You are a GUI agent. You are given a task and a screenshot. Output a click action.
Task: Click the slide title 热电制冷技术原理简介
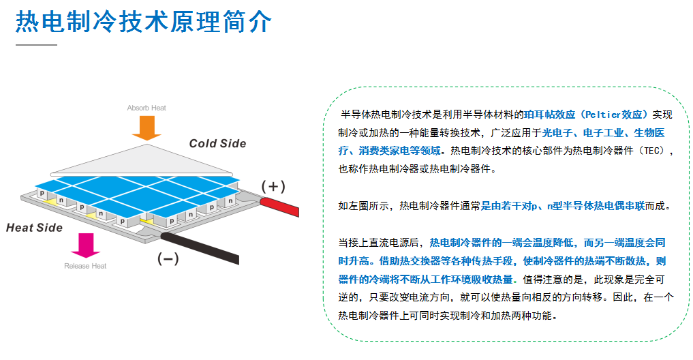pyautogui.click(x=143, y=22)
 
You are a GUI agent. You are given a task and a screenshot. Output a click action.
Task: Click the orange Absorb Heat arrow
pyautogui.click(x=147, y=127)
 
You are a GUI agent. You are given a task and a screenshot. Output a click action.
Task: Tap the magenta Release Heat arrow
pyautogui.click(x=86, y=245)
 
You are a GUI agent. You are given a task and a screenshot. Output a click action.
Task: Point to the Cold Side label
pyautogui.click(x=217, y=143)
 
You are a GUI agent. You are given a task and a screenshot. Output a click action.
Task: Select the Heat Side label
pyautogui.click(x=34, y=228)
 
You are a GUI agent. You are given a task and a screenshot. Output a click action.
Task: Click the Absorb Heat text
pyautogui.click(x=147, y=108)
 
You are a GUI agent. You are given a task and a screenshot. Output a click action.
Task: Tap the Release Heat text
pyautogui.click(x=85, y=266)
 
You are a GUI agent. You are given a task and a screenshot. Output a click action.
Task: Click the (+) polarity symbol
pyautogui.click(x=274, y=186)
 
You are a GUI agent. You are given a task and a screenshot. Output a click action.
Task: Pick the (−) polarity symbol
pyautogui.click(x=168, y=258)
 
